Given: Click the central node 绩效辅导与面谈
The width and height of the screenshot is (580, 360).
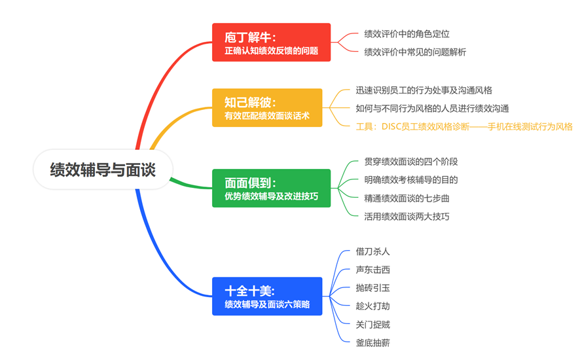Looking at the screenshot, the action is [x=103, y=170].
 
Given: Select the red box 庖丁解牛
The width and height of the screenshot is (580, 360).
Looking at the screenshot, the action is [x=271, y=42].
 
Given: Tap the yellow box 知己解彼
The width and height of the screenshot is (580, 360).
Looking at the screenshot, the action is [x=267, y=107].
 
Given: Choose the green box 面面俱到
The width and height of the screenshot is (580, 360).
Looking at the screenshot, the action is [x=271, y=188].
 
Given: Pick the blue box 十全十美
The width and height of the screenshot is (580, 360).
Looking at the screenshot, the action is [x=267, y=296].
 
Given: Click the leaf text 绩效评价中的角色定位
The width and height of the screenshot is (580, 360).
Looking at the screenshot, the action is [x=407, y=34].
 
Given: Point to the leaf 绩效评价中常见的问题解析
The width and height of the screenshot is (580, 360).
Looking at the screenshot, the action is [x=415, y=52].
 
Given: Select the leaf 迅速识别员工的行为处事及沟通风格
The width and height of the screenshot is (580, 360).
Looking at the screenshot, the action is [x=424, y=90].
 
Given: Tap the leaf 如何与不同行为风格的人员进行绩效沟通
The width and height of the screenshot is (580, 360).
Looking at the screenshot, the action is [x=433, y=109].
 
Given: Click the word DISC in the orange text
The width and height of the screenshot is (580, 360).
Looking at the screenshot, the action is [x=391, y=126].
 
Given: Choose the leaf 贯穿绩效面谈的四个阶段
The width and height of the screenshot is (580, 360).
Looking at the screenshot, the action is [x=411, y=162].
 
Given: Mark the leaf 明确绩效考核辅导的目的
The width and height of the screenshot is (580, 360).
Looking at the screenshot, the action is [x=411, y=180].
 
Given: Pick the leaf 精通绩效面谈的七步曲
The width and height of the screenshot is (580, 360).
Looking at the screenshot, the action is [x=407, y=198].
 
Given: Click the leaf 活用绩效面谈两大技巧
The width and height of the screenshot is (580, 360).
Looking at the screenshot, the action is [x=407, y=217].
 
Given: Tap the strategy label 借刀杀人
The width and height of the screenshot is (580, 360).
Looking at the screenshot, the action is [x=373, y=251].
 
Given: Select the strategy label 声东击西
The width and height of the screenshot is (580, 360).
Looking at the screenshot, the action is [x=373, y=270].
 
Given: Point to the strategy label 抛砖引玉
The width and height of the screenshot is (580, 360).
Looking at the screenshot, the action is [x=373, y=288].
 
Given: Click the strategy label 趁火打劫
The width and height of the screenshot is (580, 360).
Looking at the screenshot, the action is [x=373, y=306].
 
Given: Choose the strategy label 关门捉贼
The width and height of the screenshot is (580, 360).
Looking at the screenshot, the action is [x=373, y=325].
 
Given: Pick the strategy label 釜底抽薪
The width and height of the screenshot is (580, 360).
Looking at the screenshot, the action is [x=373, y=342].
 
